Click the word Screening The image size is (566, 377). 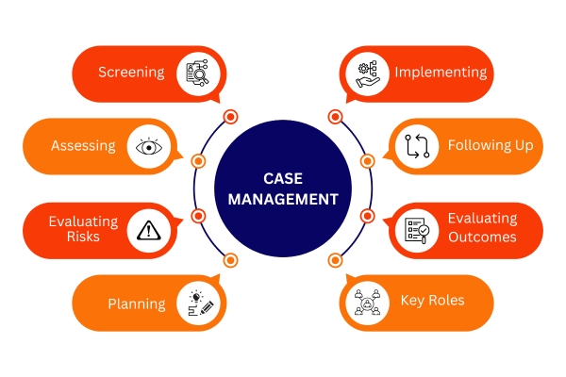pyautogui.click(x=131, y=73)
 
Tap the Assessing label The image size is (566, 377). pyautogui.click(x=83, y=146)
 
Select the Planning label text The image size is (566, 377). pyautogui.click(x=137, y=304)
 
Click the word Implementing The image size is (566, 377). pyautogui.click(x=441, y=73)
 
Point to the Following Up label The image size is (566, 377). pyautogui.click(x=491, y=145)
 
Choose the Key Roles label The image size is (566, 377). pyautogui.click(x=432, y=301)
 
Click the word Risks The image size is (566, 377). pyautogui.click(x=83, y=237)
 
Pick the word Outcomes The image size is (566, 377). pyautogui.click(x=482, y=237)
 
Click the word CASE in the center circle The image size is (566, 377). pyautogui.click(x=283, y=178)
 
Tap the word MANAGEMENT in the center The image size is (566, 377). pyautogui.click(x=283, y=199)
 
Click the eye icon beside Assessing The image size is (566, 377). pyautogui.click(x=149, y=147)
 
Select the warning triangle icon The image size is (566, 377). pyautogui.click(x=149, y=231)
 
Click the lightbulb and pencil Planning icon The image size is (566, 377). pyautogui.click(x=201, y=303)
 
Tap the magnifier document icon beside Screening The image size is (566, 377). pyautogui.click(x=197, y=73)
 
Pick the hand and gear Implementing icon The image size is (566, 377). pyautogui.click(x=368, y=74)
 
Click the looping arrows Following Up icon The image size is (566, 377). pyautogui.click(x=417, y=146)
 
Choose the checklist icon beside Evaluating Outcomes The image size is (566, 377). pyautogui.click(x=417, y=231)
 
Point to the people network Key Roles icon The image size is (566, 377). pyautogui.click(x=368, y=303)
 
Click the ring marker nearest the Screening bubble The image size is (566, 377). pyautogui.click(x=230, y=117)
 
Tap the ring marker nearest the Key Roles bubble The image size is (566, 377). pyautogui.click(x=335, y=260)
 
